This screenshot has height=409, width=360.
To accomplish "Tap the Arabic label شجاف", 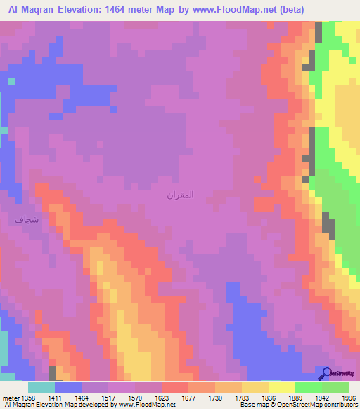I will (22, 219).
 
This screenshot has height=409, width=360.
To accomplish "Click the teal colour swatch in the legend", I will (41, 387).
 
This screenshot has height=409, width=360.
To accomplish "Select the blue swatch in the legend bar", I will (68, 387).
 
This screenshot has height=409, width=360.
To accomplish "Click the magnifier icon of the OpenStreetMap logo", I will (326, 373).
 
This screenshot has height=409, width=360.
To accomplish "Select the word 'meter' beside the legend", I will (11, 397).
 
